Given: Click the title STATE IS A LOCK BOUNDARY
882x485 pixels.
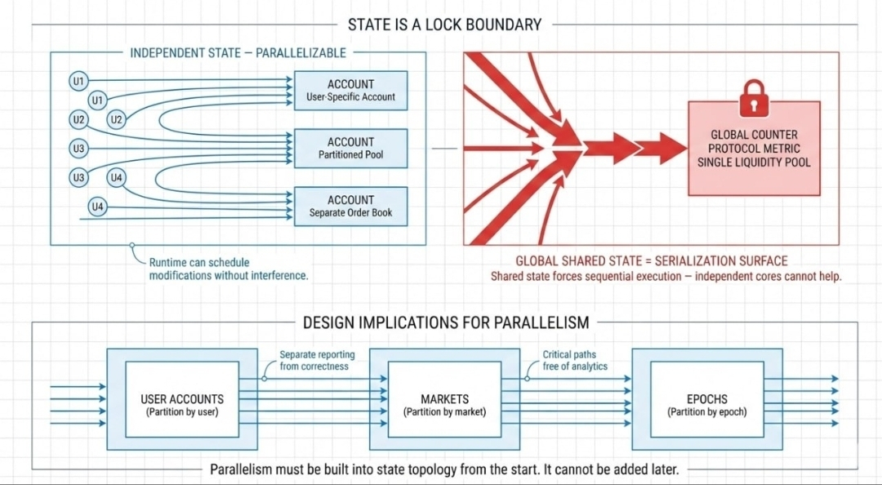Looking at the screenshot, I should click(x=444, y=24).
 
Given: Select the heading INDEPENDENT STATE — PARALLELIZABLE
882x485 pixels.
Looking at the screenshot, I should click(x=238, y=53).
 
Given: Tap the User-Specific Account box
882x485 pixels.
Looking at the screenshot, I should click(x=350, y=91).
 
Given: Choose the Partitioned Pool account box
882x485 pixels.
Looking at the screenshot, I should click(x=350, y=148).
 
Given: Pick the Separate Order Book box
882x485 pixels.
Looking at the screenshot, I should click(x=350, y=206).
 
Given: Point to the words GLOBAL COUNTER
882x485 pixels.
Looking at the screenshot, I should click(x=754, y=135).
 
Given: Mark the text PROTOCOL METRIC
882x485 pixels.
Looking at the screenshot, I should click(x=754, y=149).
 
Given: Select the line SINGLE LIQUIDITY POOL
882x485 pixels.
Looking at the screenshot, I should click(x=754, y=162).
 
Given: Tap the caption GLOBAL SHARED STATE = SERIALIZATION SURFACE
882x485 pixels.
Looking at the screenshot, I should click(x=652, y=261).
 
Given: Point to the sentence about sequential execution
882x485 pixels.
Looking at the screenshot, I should click(x=666, y=276).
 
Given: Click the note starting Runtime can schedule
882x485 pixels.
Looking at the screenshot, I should click(x=229, y=269).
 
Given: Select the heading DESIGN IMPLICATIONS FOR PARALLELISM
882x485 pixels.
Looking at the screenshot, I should click(x=446, y=323).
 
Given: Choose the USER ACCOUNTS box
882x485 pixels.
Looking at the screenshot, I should click(x=182, y=405).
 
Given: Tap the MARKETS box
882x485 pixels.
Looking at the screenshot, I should click(x=444, y=405).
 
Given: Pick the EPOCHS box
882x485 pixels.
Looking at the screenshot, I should click(x=707, y=405).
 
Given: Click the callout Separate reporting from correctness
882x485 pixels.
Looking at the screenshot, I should click(x=317, y=360).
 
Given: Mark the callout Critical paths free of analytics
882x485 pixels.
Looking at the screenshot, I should click(x=575, y=360).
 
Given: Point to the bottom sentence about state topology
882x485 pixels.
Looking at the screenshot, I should click(x=444, y=469).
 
